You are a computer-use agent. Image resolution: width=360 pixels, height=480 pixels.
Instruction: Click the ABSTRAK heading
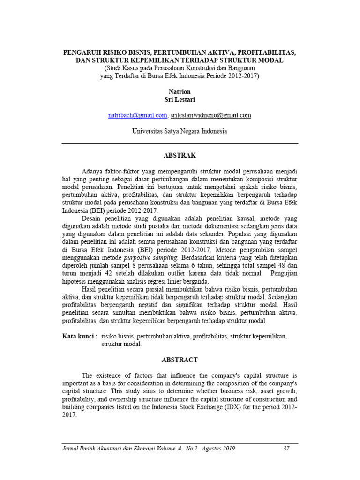click(x=180, y=155)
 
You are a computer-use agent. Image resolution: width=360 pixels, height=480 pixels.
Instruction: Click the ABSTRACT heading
click(x=180, y=360)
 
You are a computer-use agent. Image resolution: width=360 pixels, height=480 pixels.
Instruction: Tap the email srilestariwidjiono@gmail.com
click(x=211, y=115)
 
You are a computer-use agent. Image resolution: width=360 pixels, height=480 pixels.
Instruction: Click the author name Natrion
click(x=180, y=92)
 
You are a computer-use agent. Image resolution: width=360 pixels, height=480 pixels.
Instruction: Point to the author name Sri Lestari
click(x=180, y=99)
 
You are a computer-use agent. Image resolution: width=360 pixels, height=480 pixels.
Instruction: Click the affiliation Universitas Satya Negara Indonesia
click(x=180, y=131)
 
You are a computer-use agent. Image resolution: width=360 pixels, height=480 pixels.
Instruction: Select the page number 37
click(x=287, y=449)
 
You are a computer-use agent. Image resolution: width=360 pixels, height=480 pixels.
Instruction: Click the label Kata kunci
click(x=80, y=336)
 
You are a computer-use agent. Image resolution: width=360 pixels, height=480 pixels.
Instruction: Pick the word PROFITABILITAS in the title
click(x=267, y=53)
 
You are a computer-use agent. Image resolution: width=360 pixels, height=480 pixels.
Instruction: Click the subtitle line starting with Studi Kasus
click(x=180, y=68)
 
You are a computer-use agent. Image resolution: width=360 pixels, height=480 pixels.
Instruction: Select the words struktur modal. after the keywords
click(x=121, y=344)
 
